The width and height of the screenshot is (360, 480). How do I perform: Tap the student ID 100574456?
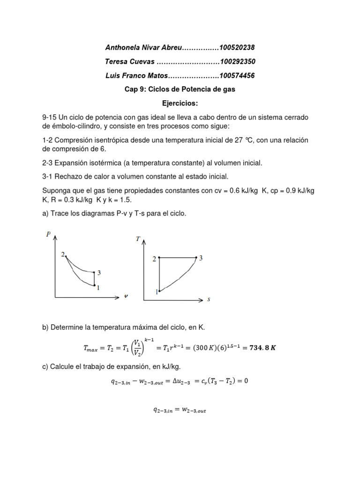click(x=237, y=75)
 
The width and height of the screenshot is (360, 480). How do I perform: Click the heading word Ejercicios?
click(x=180, y=103)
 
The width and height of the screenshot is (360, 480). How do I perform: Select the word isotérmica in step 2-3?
click(x=121, y=163)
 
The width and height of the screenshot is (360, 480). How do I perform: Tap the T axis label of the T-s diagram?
click(x=138, y=239)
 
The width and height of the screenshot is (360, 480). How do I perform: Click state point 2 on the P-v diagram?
click(x=66, y=256)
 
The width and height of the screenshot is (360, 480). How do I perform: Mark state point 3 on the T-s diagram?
click(x=196, y=257)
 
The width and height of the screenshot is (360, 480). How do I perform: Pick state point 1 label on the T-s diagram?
click(x=156, y=292)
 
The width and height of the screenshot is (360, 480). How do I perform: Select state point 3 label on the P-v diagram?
click(x=99, y=273)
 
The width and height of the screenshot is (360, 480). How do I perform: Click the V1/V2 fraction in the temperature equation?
click(x=137, y=347)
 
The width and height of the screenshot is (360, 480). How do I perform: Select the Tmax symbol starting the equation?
click(x=92, y=348)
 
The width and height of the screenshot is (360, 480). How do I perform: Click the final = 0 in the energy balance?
click(x=241, y=381)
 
